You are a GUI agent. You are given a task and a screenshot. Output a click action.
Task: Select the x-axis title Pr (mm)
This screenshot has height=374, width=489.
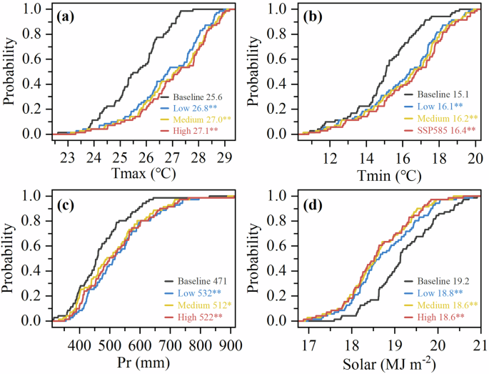pyautogui.click(x=143, y=362)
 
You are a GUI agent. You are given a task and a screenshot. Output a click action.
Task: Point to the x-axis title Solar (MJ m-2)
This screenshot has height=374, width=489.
pyautogui.click(x=390, y=361)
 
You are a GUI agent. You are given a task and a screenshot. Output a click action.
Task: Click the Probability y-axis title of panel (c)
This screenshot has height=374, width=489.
pyautogui.click(x=11, y=259)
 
